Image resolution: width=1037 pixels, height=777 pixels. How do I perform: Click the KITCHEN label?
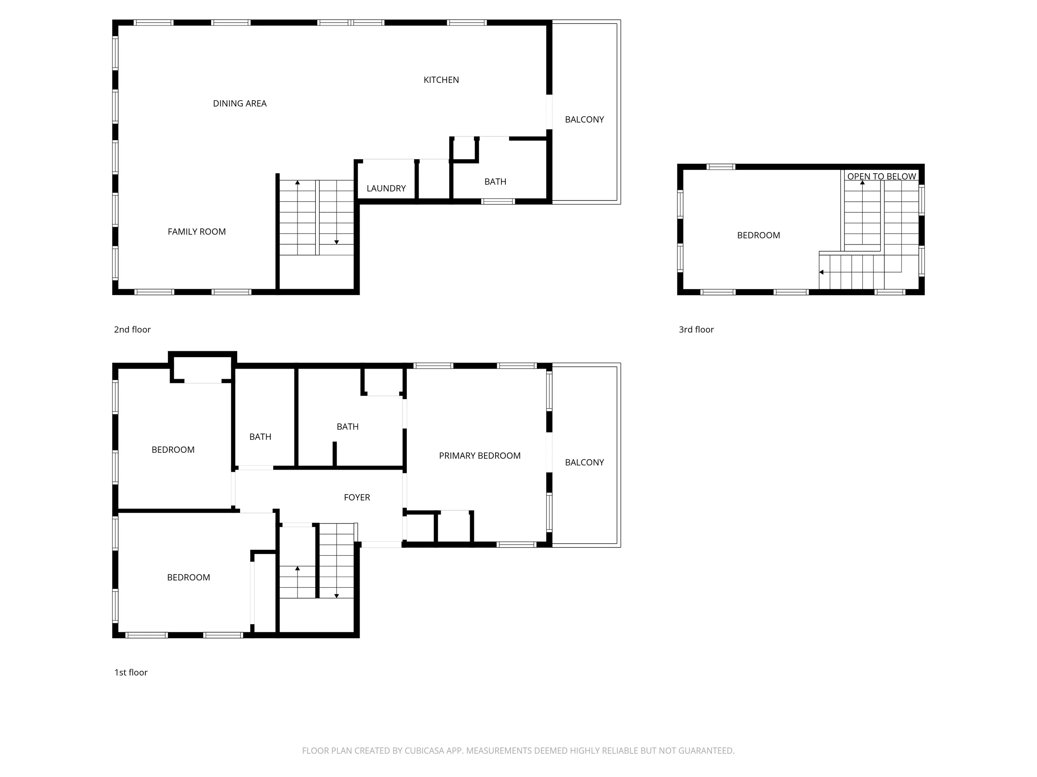coord(441,80)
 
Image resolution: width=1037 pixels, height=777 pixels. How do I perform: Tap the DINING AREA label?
coord(240,104)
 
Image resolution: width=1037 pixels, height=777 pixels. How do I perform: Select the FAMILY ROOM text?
coord(197,232)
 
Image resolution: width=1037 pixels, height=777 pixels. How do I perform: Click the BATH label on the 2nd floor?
coord(495,182)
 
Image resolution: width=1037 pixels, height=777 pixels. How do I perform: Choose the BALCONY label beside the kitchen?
coord(584,119)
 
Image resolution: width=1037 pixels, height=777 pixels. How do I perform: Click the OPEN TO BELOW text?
coord(881,177)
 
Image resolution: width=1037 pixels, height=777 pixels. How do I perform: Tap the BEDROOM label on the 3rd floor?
coord(759,236)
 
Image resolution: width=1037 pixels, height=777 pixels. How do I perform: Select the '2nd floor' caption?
coord(132,330)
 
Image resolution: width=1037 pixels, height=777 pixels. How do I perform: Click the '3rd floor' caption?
coord(696,330)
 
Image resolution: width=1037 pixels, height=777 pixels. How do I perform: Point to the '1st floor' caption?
coord(131,673)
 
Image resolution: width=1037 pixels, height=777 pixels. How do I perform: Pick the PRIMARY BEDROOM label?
coord(479,456)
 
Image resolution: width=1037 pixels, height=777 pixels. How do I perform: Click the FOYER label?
coord(357,497)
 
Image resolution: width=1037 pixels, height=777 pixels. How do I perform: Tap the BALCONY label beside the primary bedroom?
coord(584,462)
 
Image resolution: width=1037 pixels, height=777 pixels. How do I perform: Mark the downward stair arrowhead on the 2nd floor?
coord(337,242)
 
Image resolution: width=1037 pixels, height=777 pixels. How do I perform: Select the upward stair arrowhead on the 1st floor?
coord(297,569)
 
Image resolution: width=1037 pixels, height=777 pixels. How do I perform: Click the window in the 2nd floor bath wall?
coord(498,201)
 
